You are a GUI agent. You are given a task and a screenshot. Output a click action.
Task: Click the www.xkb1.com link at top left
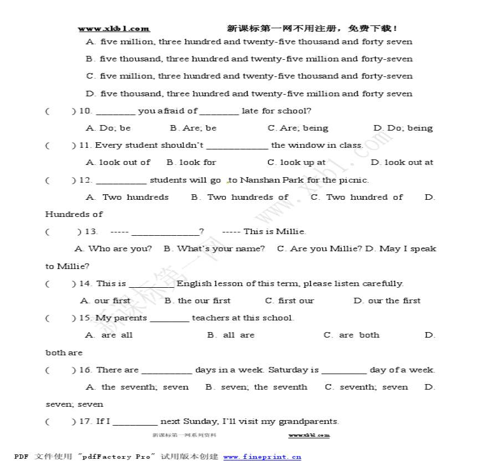(x=114, y=29)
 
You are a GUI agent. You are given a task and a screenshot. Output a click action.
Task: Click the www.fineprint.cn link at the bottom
(x=262, y=457)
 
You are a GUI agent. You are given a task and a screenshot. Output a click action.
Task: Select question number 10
(x=85, y=111)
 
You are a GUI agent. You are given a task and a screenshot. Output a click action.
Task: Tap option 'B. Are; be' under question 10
(x=193, y=128)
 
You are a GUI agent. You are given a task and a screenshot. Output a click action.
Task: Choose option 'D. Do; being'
(x=403, y=128)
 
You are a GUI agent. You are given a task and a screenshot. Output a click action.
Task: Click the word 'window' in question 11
(x=305, y=145)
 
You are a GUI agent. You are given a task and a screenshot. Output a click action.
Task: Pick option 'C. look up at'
(x=296, y=162)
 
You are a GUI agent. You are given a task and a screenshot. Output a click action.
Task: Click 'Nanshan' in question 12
(x=260, y=180)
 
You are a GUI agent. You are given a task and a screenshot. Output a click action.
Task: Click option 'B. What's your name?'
(x=214, y=248)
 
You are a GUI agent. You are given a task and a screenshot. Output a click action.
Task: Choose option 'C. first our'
(x=289, y=301)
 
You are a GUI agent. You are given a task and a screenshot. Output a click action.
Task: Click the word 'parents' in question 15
(x=130, y=318)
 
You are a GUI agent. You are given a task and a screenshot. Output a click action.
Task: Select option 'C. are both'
(x=351, y=335)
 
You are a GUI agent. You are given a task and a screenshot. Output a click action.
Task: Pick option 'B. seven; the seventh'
(x=256, y=387)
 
